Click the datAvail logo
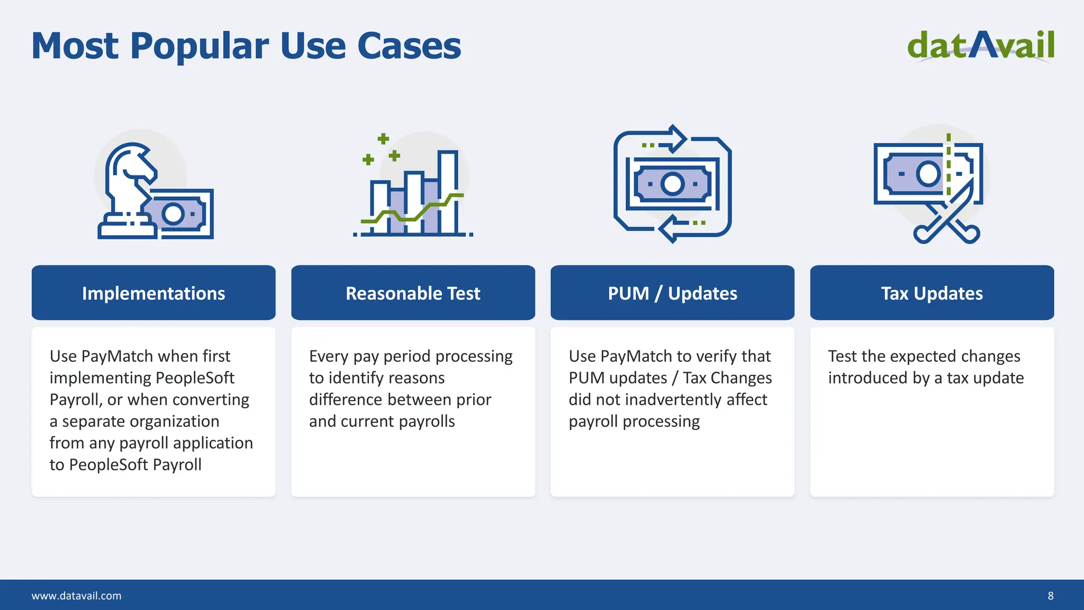point(980,46)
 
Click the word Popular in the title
point(200,47)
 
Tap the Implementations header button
point(153,293)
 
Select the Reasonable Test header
point(413,293)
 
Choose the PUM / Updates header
point(672,293)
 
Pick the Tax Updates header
point(932,293)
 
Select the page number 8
point(1051,596)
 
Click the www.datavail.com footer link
point(77,596)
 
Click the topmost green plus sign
point(383,139)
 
